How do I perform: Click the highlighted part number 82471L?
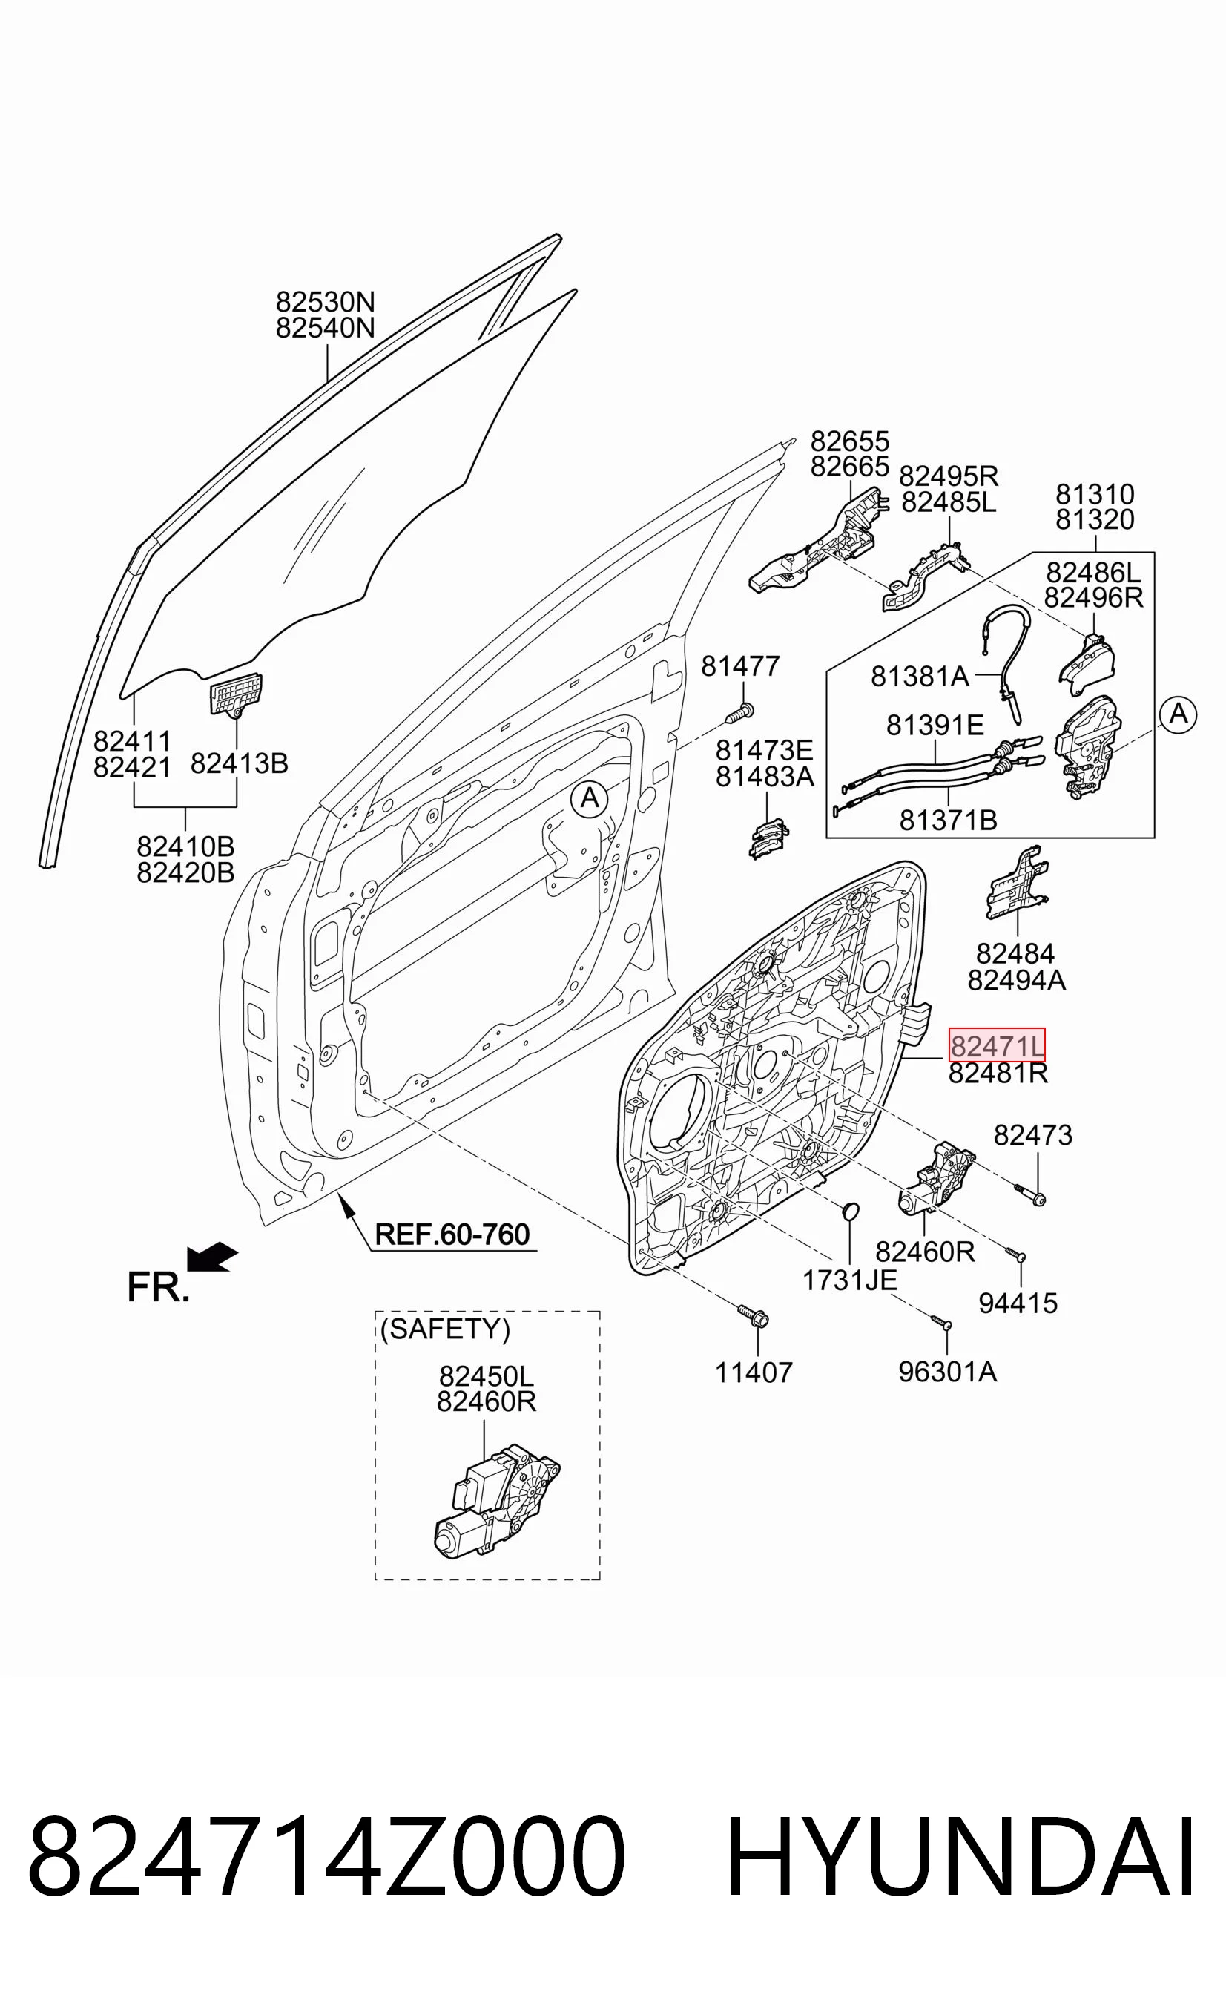996,1045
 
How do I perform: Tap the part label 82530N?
325,302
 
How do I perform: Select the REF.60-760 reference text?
452,1234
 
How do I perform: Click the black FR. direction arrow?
212,1257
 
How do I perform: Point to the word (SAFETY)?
445,1329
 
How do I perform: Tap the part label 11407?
754,1372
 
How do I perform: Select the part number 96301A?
947,1372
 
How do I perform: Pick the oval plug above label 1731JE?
850,1211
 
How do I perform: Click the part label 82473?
1032,1134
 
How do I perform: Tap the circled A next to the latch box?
1178,714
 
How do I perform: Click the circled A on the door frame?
590,798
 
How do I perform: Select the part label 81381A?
920,676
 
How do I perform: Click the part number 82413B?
239,763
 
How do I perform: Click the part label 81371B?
949,819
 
